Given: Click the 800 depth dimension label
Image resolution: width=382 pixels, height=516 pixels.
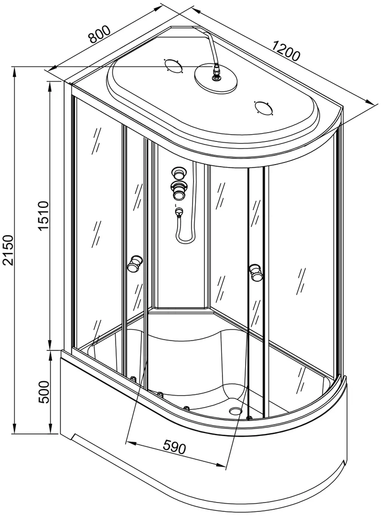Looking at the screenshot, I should tap(100, 34).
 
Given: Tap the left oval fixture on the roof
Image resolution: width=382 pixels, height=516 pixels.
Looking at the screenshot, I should tap(171, 66).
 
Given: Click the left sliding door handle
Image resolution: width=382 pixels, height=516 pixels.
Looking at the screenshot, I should tap(136, 263).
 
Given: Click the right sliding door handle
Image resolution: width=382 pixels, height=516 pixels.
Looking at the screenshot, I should tap(254, 272).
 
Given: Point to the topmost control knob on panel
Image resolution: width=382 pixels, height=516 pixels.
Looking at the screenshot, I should tap(179, 172).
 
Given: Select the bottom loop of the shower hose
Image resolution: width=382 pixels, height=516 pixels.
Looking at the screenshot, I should tap(184, 240).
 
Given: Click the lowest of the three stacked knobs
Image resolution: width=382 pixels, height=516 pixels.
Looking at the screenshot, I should tap(179, 194).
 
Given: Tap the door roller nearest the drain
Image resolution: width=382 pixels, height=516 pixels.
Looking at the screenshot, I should tap(249, 417).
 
